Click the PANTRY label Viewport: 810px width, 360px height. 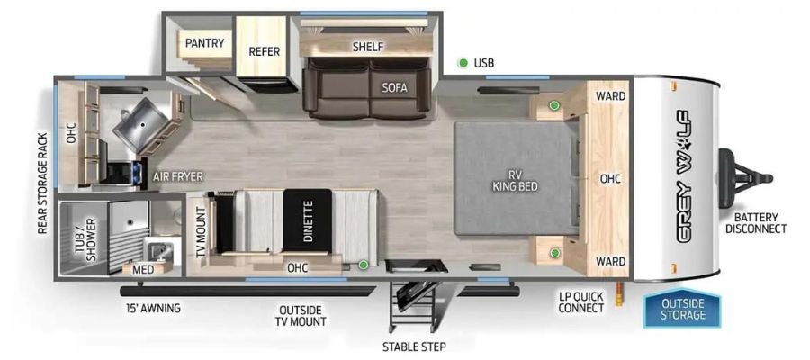coord(205,43)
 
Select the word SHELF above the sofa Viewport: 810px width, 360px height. coord(369,46)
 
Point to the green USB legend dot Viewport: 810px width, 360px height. coord(463,63)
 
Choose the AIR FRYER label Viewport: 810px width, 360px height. coord(177,177)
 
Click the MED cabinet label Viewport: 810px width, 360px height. coord(142,268)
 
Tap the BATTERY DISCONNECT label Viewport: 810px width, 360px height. coord(755,222)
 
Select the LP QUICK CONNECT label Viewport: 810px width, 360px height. coord(580,301)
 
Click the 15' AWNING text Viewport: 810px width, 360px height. coord(153,308)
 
